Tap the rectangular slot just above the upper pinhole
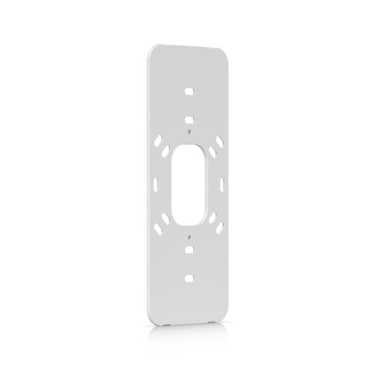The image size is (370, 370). [x=190, y=119]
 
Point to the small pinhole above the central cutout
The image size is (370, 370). [x=190, y=131]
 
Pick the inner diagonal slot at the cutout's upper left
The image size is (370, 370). [x=166, y=150]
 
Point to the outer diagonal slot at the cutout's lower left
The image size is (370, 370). [x=159, y=228]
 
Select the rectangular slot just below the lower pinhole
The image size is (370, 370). [x=190, y=250]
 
